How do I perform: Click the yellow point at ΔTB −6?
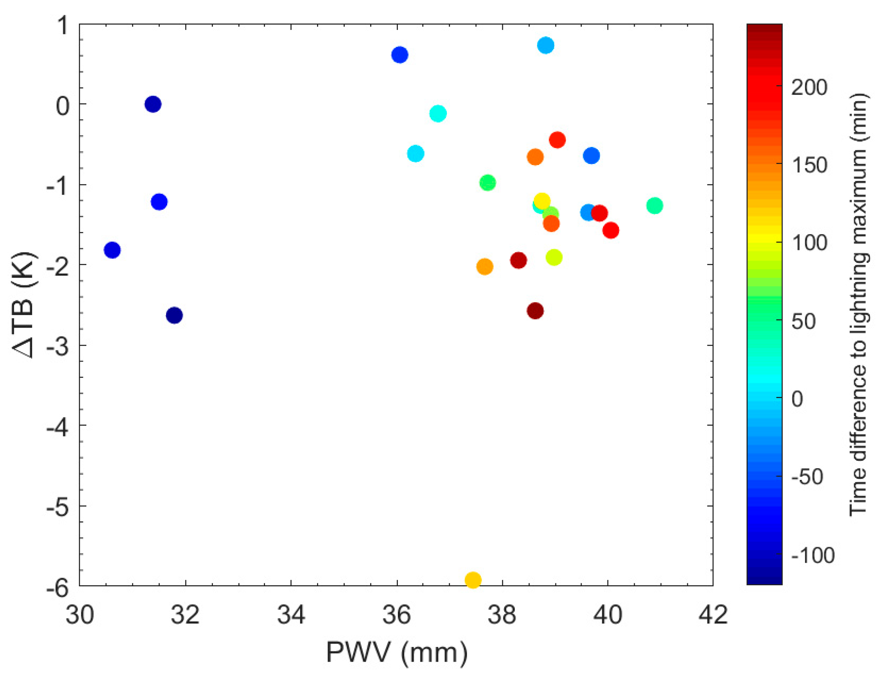tap(473, 580)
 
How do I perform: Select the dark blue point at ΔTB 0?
tap(153, 104)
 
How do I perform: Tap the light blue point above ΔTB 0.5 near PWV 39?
tap(545, 45)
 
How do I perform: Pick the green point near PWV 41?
tap(654, 205)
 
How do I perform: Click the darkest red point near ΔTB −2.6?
tap(535, 311)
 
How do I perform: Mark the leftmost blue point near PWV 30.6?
tap(112, 250)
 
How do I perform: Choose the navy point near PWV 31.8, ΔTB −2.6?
tap(174, 315)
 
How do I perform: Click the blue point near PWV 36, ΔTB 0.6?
tap(400, 54)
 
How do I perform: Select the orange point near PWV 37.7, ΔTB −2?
tap(485, 266)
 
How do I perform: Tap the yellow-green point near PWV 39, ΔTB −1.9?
tap(554, 257)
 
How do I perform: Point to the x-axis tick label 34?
tap(291, 615)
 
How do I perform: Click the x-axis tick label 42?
tap(713, 615)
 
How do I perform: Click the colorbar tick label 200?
tap(809, 87)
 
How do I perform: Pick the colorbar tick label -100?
tap(812, 555)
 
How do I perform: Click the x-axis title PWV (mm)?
tap(397, 652)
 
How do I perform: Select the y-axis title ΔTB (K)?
tap(25, 305)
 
